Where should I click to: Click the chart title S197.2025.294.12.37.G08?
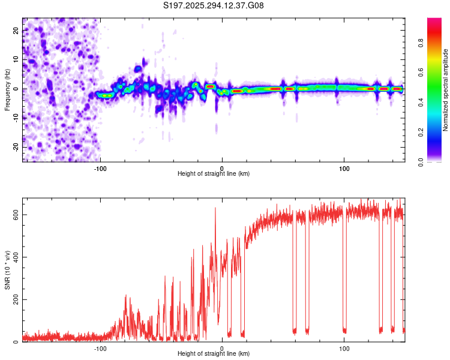214,6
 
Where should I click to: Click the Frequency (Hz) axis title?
7,90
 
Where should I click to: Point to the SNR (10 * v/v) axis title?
7,270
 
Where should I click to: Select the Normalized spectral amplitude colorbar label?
446,90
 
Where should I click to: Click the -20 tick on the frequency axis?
15,147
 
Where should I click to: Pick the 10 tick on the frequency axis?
16,60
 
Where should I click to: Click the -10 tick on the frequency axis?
15,118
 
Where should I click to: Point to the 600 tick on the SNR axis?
13,214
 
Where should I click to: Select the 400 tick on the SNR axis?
13,257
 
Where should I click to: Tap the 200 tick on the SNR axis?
13,299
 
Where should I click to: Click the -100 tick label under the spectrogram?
100,168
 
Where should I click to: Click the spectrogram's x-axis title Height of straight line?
214,174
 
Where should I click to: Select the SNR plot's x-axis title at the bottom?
214,354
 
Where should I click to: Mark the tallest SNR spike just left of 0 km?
215,208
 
